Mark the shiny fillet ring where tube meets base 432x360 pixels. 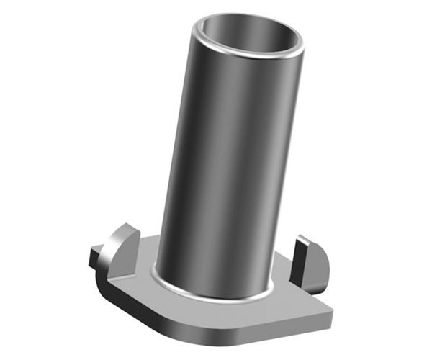point(216,292)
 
